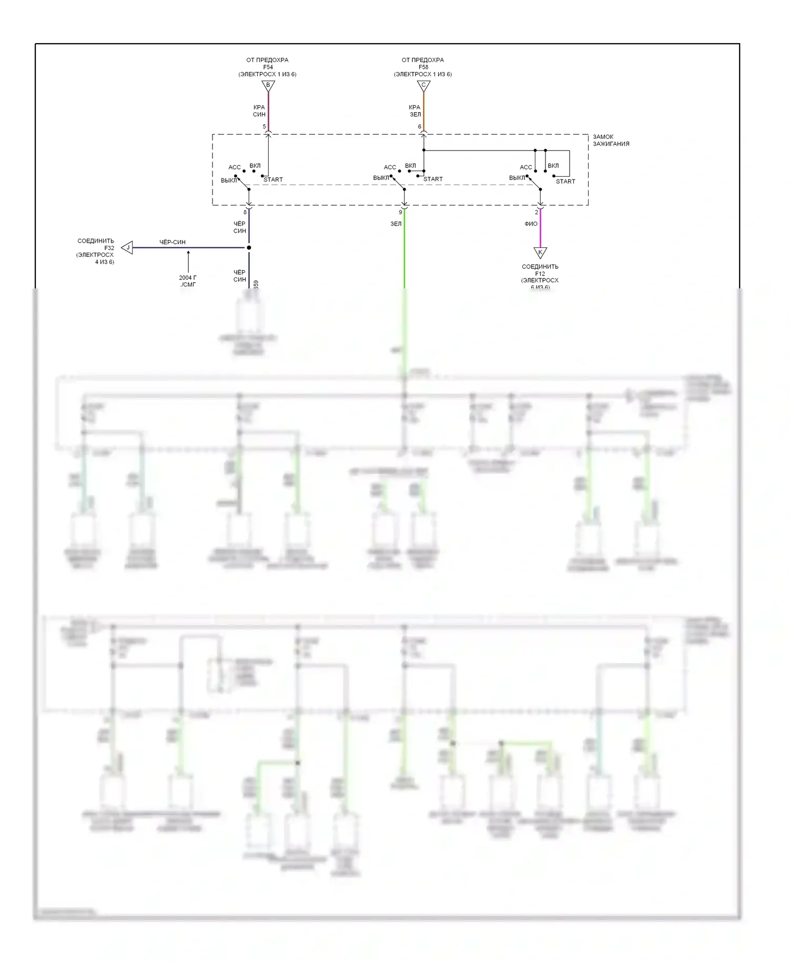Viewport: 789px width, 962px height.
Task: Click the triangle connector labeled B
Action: click(268, 85)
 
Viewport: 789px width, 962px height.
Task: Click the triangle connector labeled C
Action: click(423, 85)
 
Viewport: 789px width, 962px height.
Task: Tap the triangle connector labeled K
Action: click(540, 253)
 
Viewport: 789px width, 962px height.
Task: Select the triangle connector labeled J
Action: click(127, 247)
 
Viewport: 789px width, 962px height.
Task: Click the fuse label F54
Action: click(268, 67)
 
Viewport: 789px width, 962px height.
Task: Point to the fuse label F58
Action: click(423, 67)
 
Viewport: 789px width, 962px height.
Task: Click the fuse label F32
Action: click(109, 248)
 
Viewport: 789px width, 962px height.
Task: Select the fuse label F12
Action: click(540, 274)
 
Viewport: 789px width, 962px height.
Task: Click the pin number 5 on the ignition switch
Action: click(264, 127)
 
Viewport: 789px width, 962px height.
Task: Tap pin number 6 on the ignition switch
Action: click(419, 127)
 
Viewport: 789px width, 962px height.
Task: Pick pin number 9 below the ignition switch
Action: click(400, 213)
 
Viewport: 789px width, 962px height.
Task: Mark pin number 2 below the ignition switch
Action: click(537, 213)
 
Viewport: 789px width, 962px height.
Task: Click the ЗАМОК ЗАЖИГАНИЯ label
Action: click(611, 140)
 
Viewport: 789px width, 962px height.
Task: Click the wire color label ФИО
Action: click(531, 224)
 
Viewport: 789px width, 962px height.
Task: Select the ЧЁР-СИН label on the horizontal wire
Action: click(173, 242)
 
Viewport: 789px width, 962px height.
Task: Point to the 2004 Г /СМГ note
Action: click(188, 281)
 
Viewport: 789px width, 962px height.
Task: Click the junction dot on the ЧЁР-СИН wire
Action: click(249, 247)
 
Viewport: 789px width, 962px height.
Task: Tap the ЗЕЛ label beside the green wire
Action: click(396, 224)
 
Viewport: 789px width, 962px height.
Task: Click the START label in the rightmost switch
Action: click(565, 182)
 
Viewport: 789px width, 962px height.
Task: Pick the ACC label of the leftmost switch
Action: click(235, 167)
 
